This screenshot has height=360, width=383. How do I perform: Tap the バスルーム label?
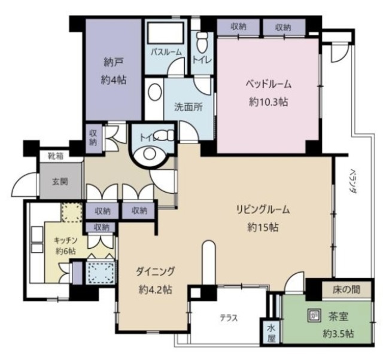[166, 52]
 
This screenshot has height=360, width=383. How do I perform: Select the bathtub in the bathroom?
[166, 33]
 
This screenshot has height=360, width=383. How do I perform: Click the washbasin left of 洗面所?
[155, 91]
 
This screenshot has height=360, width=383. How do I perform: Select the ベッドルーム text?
[269, 84]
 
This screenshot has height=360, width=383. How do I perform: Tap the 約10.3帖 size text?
[269, 102]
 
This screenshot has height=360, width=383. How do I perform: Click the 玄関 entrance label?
[60, 182]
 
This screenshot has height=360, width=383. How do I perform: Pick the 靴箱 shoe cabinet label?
[56, 155]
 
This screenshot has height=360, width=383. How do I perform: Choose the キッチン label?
[66, 240]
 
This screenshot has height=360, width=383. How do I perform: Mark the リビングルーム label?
[263, 209]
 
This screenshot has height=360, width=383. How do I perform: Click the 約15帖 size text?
[263, 227]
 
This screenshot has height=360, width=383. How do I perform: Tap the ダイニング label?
[156, 271]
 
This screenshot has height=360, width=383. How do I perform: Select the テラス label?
[229, 318]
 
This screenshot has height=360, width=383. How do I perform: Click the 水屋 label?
[271, 332]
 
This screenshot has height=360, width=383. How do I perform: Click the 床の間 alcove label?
[346, 289]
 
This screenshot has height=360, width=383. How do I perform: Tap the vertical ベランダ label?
[352, 181]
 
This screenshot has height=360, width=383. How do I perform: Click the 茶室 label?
[338, 317]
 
